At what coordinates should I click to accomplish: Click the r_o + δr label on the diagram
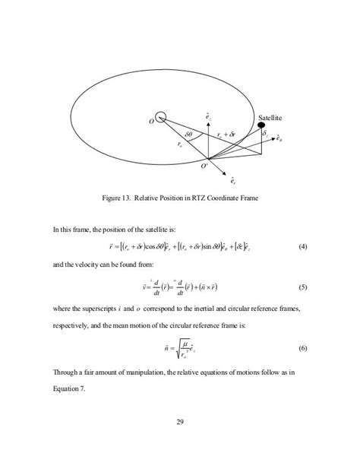point(229,134)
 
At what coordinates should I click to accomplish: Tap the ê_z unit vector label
point(209,116)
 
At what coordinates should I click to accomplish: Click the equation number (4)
point(302,246)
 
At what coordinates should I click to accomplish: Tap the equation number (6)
point(302,347)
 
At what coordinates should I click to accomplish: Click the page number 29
point(180,423)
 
